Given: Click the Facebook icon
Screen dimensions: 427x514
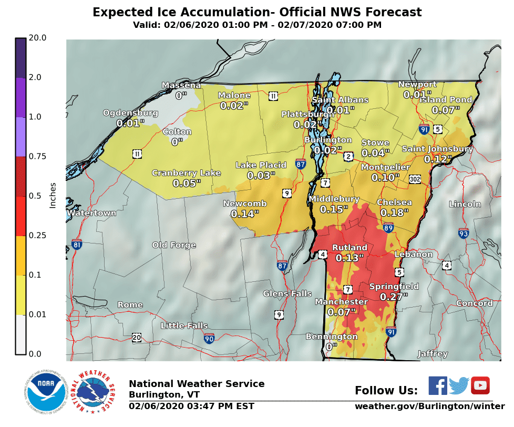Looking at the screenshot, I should [x=437, y=385].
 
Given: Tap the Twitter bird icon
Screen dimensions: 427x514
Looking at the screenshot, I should [x=459, y=385].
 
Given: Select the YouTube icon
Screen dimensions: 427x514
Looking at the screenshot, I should [x=480, y=385].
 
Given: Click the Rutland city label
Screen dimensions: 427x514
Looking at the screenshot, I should [x=349, y=248].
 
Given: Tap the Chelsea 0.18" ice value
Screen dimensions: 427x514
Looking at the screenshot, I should [x=394, y=213].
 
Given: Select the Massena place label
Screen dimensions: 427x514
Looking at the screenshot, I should [x=181, y=85].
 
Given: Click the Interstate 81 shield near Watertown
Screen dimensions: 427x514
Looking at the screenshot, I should [x=77, y=245].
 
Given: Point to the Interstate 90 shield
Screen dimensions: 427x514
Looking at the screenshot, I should [x=209, y=338].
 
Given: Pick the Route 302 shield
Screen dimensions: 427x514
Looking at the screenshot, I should [x=415, y=179].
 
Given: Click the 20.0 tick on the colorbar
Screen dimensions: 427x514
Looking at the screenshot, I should [x=38, y=38].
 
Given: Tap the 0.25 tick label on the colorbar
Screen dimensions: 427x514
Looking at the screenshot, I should [x=38, y=236].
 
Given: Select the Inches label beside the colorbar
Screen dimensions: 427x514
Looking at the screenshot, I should [x=53, y=196].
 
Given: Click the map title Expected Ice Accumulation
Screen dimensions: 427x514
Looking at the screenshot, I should [x=257, y=12].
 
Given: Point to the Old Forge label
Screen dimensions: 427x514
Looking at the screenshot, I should [x=174, y=245].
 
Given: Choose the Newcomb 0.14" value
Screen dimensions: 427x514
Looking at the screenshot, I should [x=244, y=214].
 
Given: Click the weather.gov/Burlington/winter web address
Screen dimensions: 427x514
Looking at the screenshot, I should [x=429, y=406].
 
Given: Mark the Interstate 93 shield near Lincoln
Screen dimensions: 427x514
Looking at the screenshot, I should [x=463, y=233].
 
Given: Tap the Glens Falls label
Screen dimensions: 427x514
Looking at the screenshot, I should [x=287, y=293].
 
